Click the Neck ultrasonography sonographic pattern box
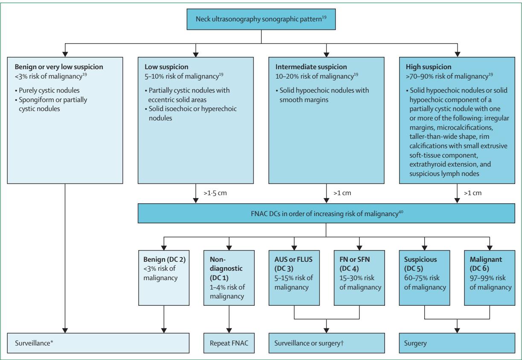[x=261, y=19]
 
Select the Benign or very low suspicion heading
[x=59, y=67]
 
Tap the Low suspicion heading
[x=166, y=67]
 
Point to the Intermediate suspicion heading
[x=311, y=67]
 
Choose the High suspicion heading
[x=429, y=67]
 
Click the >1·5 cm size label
[x=215, y=193]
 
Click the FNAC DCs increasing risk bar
[x=326, y=214]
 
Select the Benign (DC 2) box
[x=164, y=278]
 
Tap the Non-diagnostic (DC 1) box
[x=229, y=278]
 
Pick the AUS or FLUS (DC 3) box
[x=294, y=278]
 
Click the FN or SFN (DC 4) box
[x=359, y=278]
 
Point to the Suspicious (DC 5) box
[x=425, y=278]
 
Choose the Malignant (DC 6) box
[x=490, y=278]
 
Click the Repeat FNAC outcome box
[x=229, y=343]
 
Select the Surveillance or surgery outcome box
[x=327, y=343]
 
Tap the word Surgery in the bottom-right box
[x=415, y=343]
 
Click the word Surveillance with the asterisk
[x=34, y=343]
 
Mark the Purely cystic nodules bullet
[x=47, y=91]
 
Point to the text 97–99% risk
[x=487, y=278]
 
